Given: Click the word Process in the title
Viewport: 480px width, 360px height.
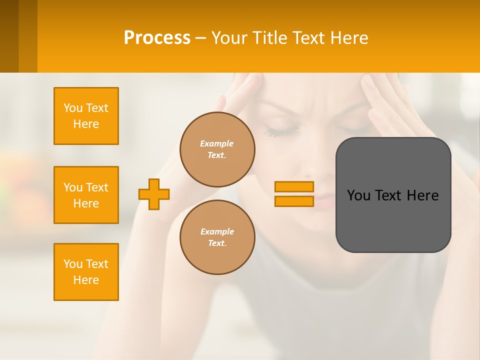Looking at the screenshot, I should [x=157, y=38].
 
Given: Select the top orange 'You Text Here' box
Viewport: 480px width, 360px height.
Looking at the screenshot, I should [x=86, y=116].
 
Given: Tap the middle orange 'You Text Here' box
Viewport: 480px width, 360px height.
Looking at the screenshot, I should [x=86, y=195].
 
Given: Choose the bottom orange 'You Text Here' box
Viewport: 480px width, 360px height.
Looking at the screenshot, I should [x=86, y=272].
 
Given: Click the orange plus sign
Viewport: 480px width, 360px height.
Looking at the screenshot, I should [x=154, y=194].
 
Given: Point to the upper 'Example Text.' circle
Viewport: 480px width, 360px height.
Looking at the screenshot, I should [x=217, y=149].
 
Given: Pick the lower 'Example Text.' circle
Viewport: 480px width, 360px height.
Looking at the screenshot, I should [x=217, y=237].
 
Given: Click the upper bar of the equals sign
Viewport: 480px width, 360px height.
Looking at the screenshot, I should [x=294, y=187].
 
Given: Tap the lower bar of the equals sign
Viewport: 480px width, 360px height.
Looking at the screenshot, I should [x=294, y=201].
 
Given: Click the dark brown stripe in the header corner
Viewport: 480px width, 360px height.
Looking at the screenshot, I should [x=9, y=36].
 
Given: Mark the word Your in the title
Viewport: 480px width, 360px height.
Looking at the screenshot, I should [x=229, y=38].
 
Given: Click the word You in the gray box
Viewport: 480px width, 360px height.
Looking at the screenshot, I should [x=358, y=195].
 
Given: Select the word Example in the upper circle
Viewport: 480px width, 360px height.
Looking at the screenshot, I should [x=217, y=144].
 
